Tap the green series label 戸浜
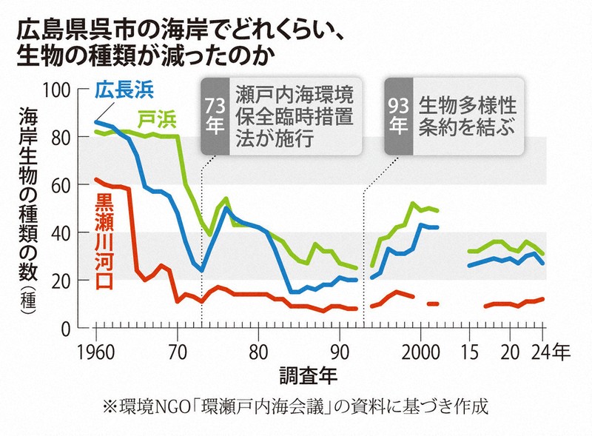click(x=158, y=118)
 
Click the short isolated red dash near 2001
click(x=434, y=303)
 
